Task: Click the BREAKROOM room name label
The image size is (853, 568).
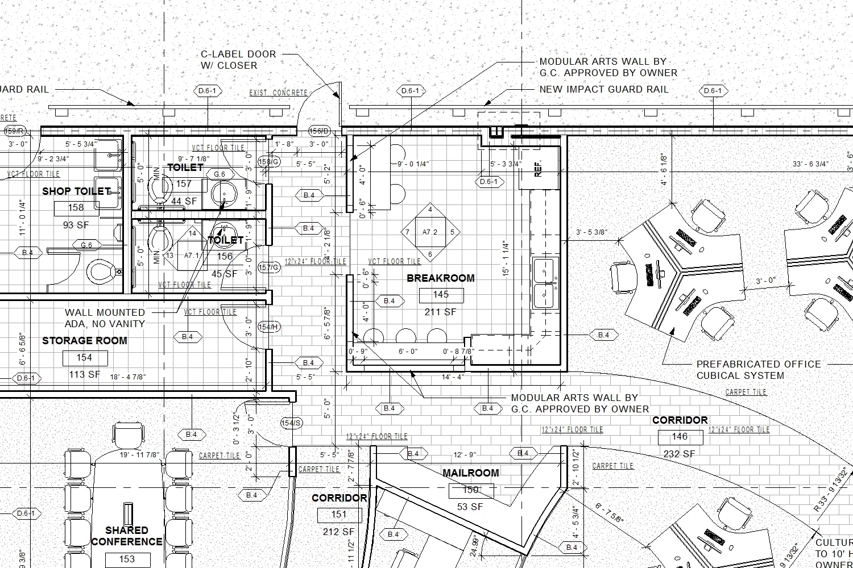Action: click(x=440, y=278)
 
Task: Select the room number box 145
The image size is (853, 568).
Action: click(x=441, y=295)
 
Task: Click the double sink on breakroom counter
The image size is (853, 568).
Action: click(x=546, y=283)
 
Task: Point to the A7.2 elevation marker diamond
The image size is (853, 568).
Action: click(x=430, y=232)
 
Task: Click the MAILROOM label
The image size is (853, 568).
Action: click(x=470, y=473)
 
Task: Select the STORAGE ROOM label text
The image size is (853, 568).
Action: click(x=84, y=341)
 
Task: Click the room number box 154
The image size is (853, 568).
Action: click(x=84, y=358)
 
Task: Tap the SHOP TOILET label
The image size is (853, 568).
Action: click(x=76, y=191)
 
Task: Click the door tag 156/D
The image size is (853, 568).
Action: click(x=319, y=132)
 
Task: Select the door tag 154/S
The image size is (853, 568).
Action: click(x=292, y=423)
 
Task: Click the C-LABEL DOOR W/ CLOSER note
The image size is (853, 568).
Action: click(x=238, y=60)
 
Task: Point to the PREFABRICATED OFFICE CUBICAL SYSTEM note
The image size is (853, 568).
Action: click(x=758, y=370)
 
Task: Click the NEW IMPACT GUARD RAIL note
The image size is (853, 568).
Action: click(x=603, y=90)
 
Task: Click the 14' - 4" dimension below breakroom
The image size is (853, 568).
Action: click(x=453, y=377)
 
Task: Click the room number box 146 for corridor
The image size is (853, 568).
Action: click(x=680, y=437)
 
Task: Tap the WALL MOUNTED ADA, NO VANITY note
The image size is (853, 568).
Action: click(x=105, y=318)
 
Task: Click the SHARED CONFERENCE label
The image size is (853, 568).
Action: click(x=127, y=536)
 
